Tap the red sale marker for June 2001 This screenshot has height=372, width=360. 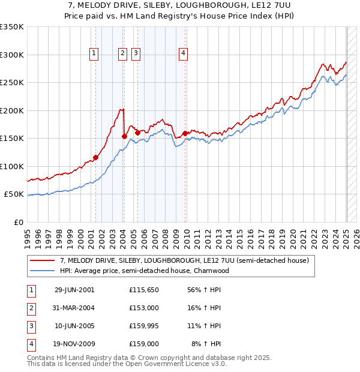[x=96, y=158]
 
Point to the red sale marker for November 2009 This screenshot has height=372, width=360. [x=185, y=133]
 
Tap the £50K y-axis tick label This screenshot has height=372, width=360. [x=14, y=194]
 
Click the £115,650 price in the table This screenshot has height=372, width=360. [x=144, y=290]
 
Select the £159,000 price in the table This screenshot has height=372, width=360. [x=144, y=344]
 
